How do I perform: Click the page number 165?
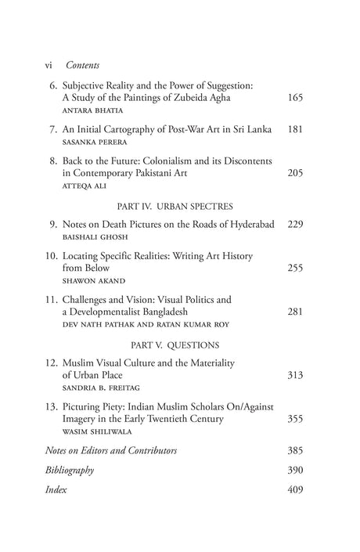click(x=293, y=99)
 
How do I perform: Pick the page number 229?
click(x=293, y=225)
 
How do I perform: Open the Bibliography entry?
click(x=71, y=470)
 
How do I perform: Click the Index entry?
click(x=56, y=490)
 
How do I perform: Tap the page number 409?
click(x=293, y=490)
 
